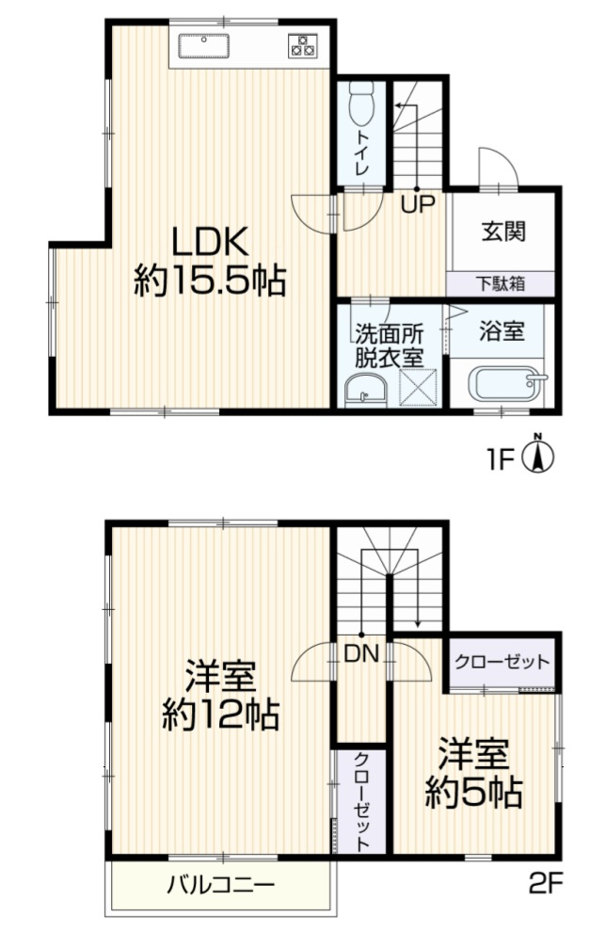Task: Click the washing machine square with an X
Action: click(x=417, y=387)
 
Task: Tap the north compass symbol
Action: click(x=537, y=457)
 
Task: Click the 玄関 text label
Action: click(x=503, y=232)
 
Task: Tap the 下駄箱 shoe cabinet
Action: click(x=500, y=282)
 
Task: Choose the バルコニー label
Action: click(x=221, y=886)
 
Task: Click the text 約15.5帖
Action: click(x=209, y=281)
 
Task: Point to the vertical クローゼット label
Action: click(x=361, y=800)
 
